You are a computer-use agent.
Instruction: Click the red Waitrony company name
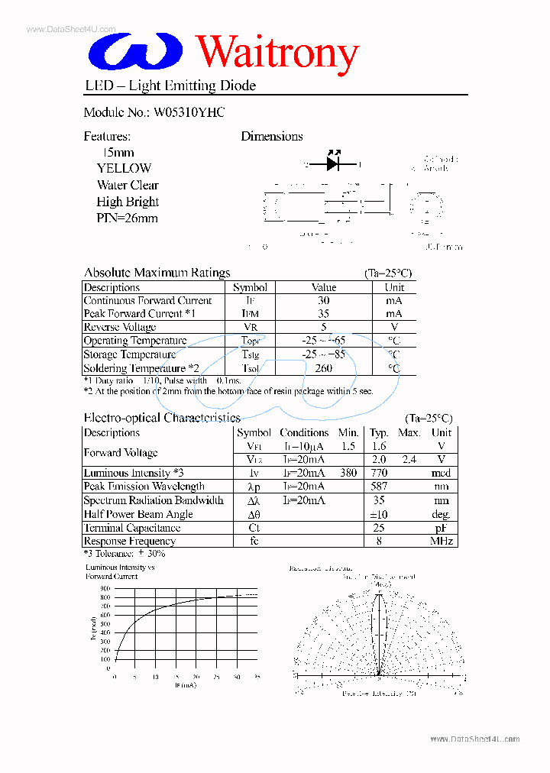pyautogui.click(x=277, y=53)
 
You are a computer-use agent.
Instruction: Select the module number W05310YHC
pyautogui.click(x=189, y=112)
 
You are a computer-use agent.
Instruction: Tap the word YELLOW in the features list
pyautogui.click(x=124, y=168)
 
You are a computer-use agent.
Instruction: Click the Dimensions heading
pyautogui.click(x=272, y=137)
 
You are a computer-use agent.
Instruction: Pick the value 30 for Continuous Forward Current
pyautogui.click(x=324, y=301)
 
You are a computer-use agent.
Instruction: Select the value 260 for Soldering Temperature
pyautogui.click(x=324, y=368)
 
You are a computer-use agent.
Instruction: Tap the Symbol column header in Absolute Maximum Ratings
pyautogui.click(x=250, y=288)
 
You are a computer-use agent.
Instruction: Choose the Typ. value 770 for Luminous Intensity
pyautogui.click(x=378, y=474)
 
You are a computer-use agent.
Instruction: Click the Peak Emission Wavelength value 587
pyautogui.click(x=378, y=487)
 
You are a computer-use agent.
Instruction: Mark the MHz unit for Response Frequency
pyautogui.click(x=441, y=542)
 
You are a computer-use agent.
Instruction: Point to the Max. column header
pyautogui.click(x=409, y=433)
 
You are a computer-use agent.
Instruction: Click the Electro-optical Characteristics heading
pyautogui.click(x=161, y=418)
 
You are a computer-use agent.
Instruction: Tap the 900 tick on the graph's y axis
pyautogui.click(x=105, y=588)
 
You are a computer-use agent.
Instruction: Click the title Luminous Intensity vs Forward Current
pyautogui.click(x=120, y=572)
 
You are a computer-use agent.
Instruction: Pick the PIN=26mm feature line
pyautogui.click(x=127, y=218)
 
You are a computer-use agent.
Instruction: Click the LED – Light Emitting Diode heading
pyautogui.click(x=170, y=86)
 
